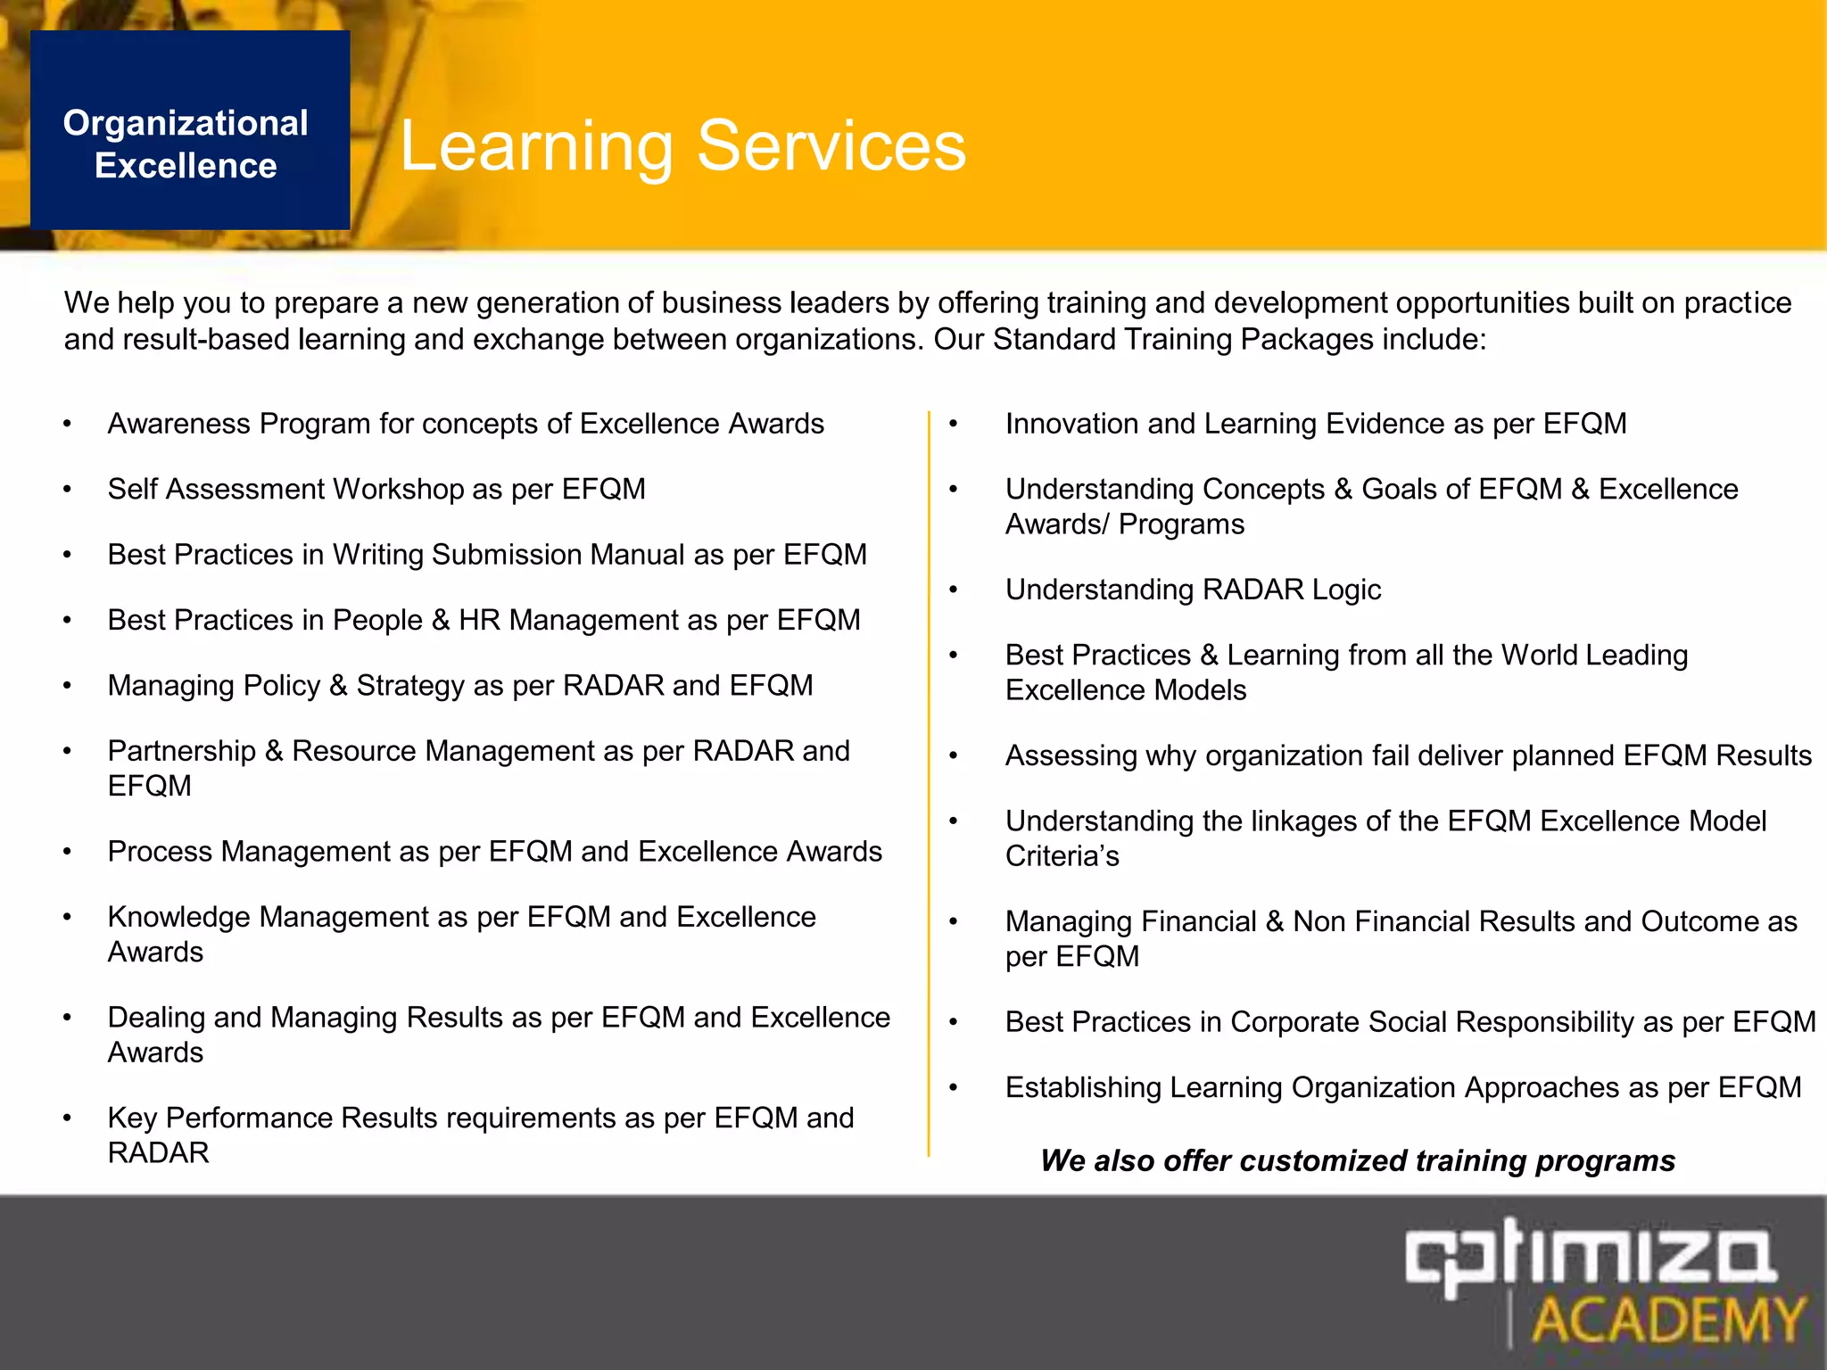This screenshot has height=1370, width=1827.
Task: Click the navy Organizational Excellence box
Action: pos(189,130)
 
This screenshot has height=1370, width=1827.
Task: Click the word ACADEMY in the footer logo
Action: pos(1668,1321)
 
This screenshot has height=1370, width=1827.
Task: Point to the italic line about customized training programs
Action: pos(1357,1160)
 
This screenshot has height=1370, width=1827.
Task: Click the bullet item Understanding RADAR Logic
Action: pos(1193,590)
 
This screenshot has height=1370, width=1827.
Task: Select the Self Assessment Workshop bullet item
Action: pos(376,489)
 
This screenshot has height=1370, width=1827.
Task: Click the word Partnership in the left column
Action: pos(182,751)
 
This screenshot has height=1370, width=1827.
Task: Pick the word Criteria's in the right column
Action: pos(1062,856)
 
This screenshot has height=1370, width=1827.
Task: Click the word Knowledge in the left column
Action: pos(178,917)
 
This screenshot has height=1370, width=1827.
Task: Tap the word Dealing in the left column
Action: pos(156,1018)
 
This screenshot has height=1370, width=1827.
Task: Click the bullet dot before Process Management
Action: pos(67,853)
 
